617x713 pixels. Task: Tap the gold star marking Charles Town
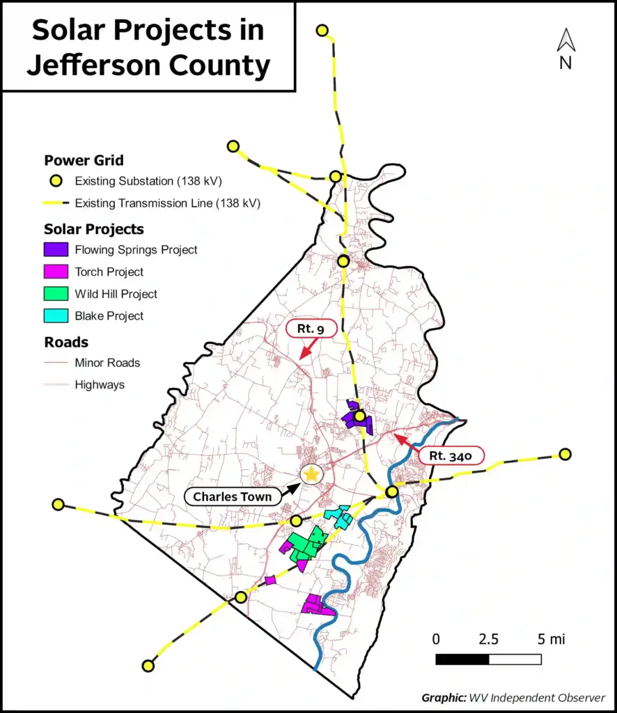(311, 473)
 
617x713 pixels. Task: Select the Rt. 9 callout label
(312, 329)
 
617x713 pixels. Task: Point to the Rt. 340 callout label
(451, 457)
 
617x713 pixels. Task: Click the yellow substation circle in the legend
(56, 182)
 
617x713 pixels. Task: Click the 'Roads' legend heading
(66, 342)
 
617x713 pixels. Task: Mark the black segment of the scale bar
(462, 659)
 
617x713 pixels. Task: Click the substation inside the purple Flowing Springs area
(359, 417)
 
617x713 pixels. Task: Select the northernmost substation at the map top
(322, 31)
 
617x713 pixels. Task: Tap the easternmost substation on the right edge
(565, 454)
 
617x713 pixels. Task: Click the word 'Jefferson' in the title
(87, 66)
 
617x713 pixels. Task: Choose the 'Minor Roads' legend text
(107, 363)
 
